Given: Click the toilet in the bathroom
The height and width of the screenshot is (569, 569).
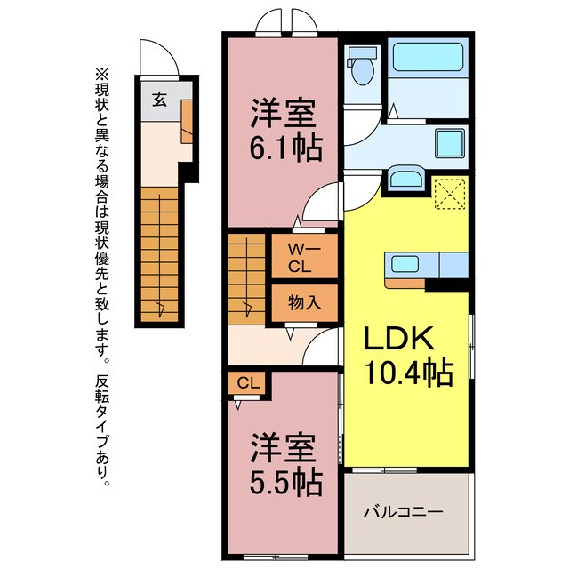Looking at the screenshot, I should [x=361, y=68].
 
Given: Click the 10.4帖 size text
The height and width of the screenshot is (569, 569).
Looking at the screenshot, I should [x=408, y=373].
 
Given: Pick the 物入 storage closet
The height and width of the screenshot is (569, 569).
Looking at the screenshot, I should [x=304, y=302].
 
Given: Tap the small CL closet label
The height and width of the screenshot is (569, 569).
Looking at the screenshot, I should [x=249, y=383].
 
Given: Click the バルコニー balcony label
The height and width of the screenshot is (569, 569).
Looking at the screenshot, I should [x=405, y=512].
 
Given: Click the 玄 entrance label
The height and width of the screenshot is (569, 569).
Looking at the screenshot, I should [x=157, y=99].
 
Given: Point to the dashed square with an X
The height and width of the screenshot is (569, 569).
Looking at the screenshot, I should [x=449, y=194].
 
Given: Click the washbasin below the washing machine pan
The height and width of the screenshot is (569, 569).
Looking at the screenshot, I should [x=408, y=178].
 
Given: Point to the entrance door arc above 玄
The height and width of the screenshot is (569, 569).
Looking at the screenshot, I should [x=159, y=58].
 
